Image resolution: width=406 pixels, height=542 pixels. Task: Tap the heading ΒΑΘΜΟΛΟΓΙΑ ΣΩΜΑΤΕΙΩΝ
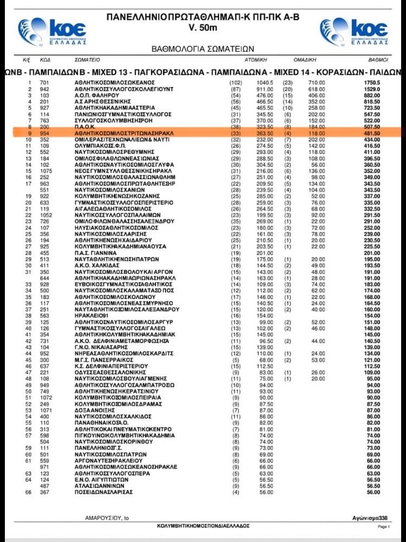click(202, 49)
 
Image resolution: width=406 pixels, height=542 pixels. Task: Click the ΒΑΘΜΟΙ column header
click(378, 60)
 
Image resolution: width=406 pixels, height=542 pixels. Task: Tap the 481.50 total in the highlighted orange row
click(378, 132)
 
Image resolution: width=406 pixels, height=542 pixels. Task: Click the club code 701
click(46, 82)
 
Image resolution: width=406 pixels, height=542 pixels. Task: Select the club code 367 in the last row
click(46, 492)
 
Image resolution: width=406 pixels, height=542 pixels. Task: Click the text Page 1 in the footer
click(383, 526)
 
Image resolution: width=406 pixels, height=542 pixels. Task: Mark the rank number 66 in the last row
click(30, 492)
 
